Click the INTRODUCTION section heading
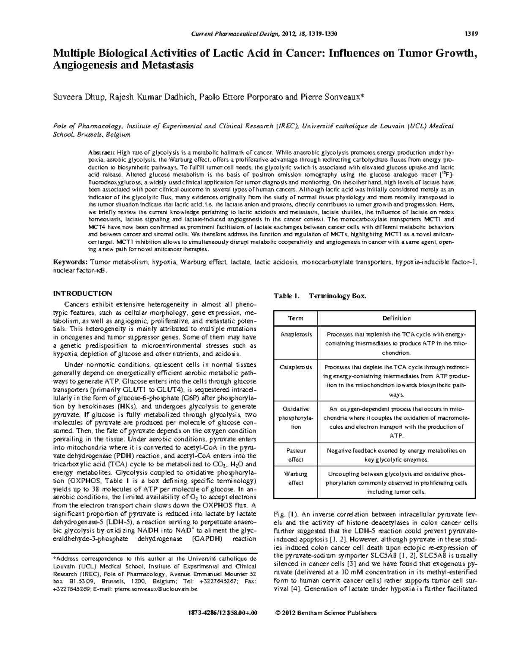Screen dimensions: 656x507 point(82,294)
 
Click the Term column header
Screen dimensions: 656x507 point(295,318)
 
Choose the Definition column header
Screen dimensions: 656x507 point(396,318)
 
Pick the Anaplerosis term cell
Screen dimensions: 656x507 point(296,334)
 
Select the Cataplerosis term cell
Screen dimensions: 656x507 point(296,367)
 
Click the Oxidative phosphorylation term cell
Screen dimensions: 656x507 point(296,418)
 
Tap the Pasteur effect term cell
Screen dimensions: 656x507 point(296,455)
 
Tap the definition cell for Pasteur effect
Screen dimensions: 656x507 point(396,455)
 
